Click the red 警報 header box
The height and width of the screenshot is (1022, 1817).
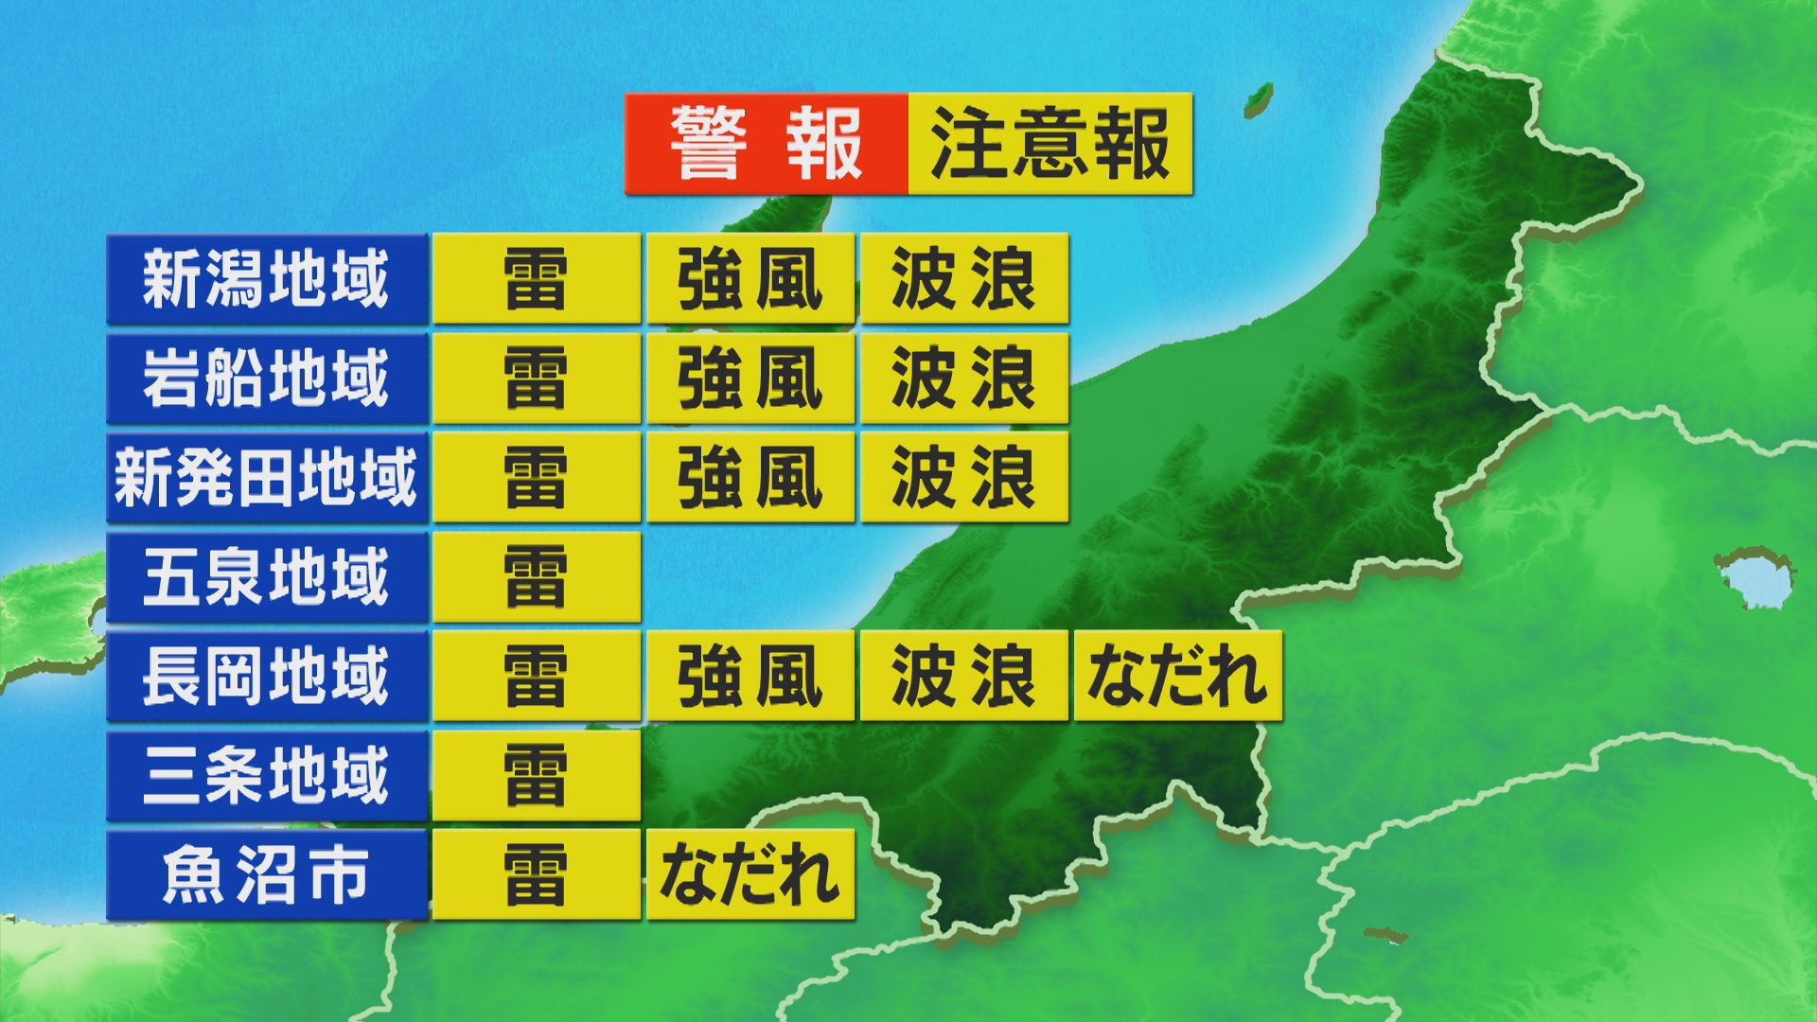(x=766, y=144)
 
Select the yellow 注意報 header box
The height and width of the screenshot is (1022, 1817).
(x=1050, y=144)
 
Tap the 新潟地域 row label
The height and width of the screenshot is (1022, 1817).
(x=267, y=279)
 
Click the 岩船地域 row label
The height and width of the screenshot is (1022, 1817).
(x=267, y=379)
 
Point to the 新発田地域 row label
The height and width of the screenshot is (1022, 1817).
(x=267, y=478)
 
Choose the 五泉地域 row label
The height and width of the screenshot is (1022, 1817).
(x=267, y=577)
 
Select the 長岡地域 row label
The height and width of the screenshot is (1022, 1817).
(x=267, y=677)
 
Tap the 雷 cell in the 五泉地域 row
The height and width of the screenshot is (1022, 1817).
(x=537, y=577)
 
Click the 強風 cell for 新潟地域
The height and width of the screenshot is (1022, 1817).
(x=750, y=279)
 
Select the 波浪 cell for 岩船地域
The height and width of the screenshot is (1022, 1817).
(x=964, y=379)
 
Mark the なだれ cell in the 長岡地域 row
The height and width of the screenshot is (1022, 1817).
(x=1178, y=677)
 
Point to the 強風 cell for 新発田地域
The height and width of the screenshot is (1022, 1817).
(x=750, y=478)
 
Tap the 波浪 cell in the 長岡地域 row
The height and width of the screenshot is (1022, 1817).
(x=964, y=677)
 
